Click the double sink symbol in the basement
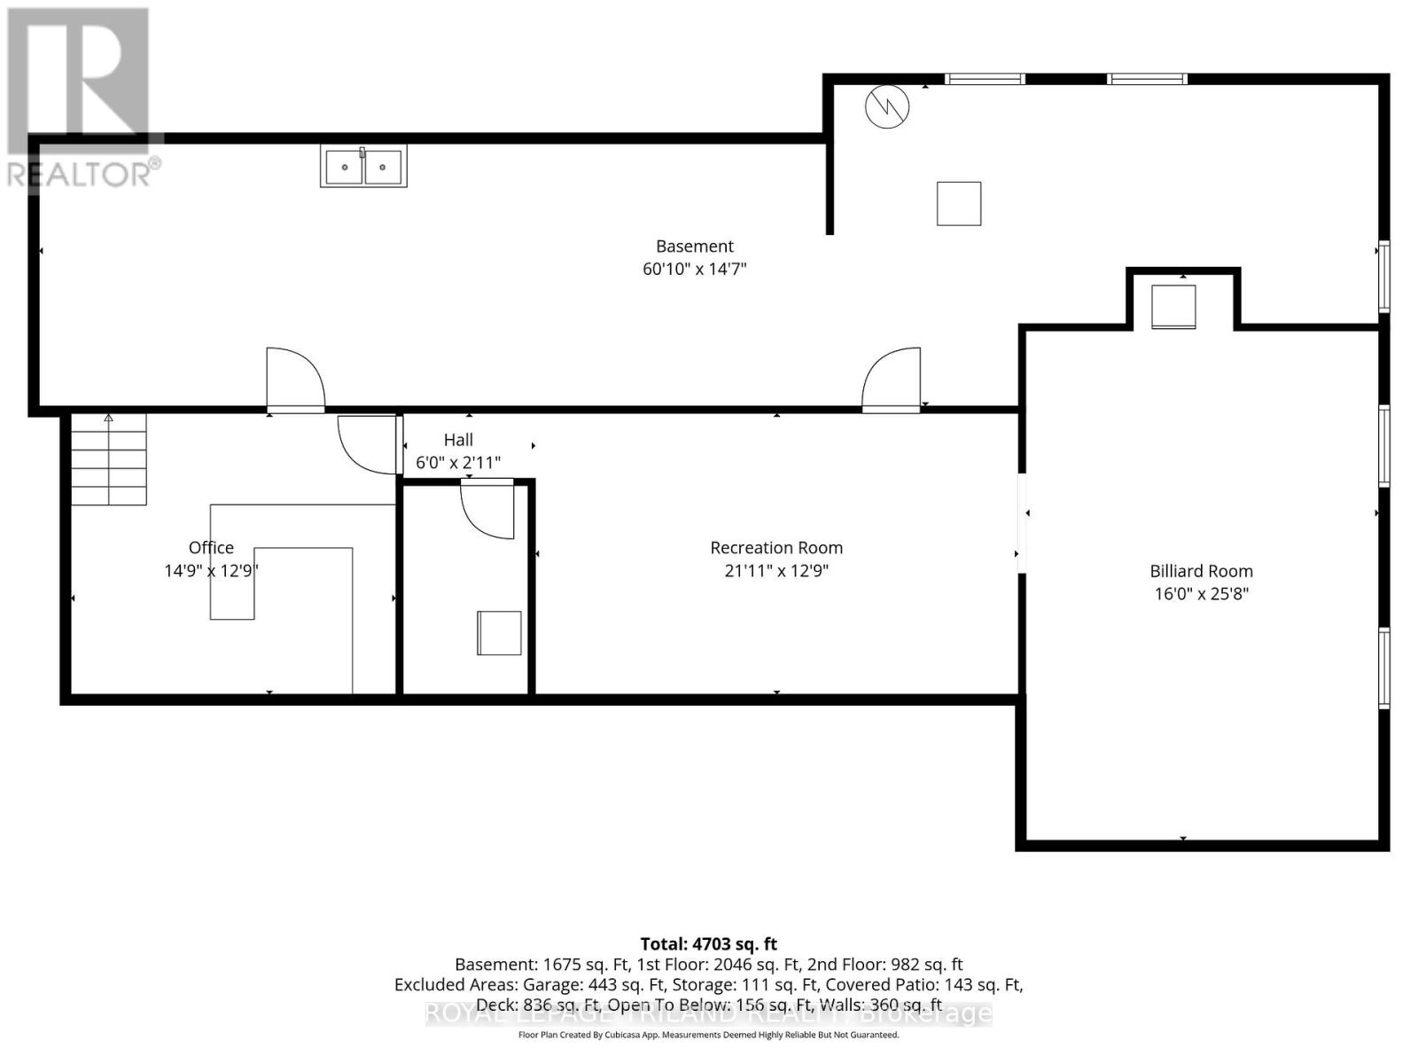363,167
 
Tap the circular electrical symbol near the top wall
887,106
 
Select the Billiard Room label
1201,571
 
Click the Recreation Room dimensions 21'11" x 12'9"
776,571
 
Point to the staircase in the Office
109,461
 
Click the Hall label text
458,440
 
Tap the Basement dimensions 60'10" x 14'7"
695,269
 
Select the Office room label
211,548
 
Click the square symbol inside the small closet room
499,632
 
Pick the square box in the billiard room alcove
1173,307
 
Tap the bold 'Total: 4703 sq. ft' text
708,944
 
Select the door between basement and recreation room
892,381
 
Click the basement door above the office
296,381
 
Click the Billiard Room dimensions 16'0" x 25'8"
1201,594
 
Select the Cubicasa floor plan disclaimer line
708,1035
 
